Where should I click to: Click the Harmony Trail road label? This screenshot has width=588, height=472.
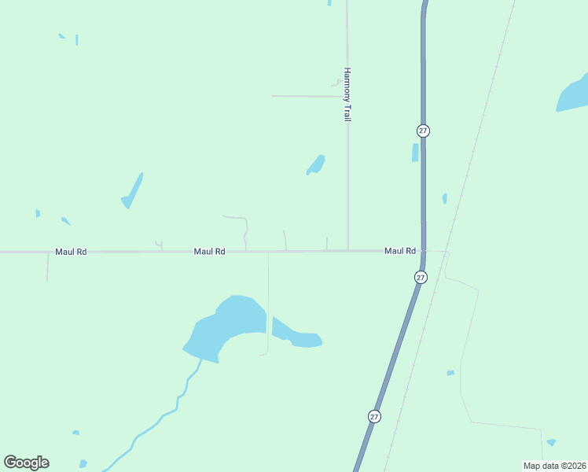click(x=346, y=94)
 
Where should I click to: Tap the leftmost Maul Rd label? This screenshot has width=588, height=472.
click(x=71, y=252)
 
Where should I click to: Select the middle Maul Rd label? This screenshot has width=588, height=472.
click(x=210, y=252)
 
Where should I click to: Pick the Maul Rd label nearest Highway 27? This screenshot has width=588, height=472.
click(x=400, y=251)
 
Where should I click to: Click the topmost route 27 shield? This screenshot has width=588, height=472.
click(x=424, y=131)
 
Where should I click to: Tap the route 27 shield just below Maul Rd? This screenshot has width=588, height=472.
click(x=421, y=277)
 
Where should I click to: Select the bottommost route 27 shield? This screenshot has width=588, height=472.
click(x=374, y=415)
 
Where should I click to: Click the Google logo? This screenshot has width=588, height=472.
click(x=26, y=463)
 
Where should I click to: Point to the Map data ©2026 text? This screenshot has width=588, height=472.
click(x=553, y=465)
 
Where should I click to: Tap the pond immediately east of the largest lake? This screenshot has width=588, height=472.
click(x=299, y=337)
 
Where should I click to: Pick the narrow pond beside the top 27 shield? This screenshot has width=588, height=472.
click(x=415, y=153)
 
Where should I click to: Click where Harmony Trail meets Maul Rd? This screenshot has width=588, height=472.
click(x=347, y=251)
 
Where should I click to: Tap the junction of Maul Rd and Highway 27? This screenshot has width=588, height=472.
click(x=423, y=251)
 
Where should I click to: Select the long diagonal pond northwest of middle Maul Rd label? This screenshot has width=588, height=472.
click(x=132, y=191)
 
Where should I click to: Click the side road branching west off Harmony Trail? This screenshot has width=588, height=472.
click(x=307, y=96)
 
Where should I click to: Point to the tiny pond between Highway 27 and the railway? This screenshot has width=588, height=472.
click(x=444, y=198)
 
